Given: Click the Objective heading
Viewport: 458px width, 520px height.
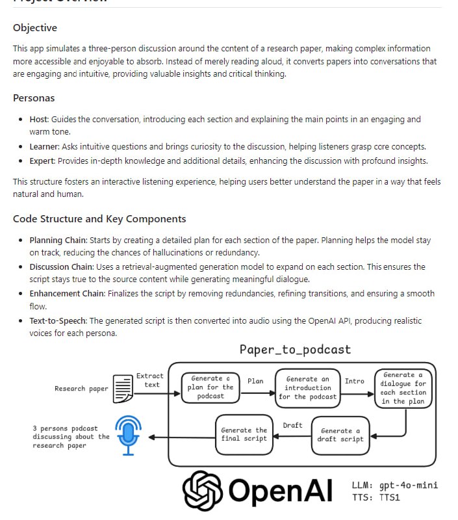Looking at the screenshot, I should tap(35, 28).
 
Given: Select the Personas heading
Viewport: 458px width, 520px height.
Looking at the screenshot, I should tap(34, 98).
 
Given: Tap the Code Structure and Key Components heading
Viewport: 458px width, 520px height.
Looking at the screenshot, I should tap(99, 219).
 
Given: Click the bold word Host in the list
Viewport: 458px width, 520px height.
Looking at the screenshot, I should tap(39, 120).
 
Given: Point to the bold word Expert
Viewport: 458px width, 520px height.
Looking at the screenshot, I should tap(42, 161).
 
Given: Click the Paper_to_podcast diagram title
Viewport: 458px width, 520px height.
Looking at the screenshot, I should tap(295, 350).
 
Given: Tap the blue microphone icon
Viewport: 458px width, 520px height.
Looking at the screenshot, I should tap(128, 435).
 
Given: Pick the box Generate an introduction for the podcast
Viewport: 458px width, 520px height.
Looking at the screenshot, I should tap(307, 388).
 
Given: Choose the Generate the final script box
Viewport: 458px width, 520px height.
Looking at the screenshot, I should tap(244, 435).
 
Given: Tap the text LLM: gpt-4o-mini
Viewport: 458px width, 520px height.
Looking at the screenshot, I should tap(394, 486).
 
